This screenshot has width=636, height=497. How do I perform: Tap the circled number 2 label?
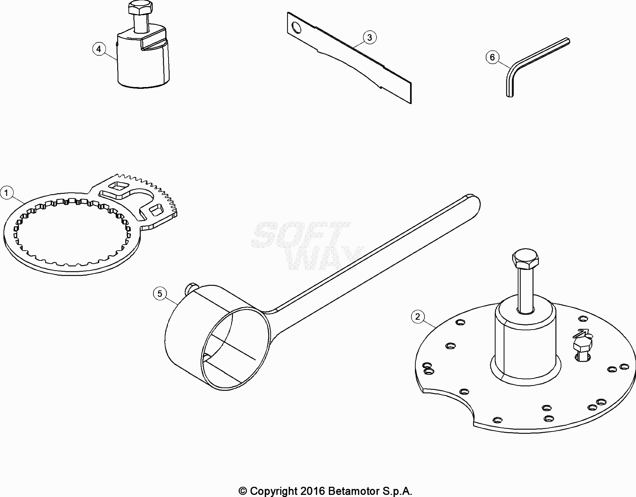[417, 317]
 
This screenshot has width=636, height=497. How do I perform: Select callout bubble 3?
[369, 37]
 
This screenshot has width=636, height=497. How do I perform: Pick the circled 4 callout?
[99, 49]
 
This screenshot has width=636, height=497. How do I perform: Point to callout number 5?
[160, 294]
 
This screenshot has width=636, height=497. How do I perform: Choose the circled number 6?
[492, 57]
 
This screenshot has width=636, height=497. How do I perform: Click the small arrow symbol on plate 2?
[581, 333]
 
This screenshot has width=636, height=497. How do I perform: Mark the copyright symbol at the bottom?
[243, 491]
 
